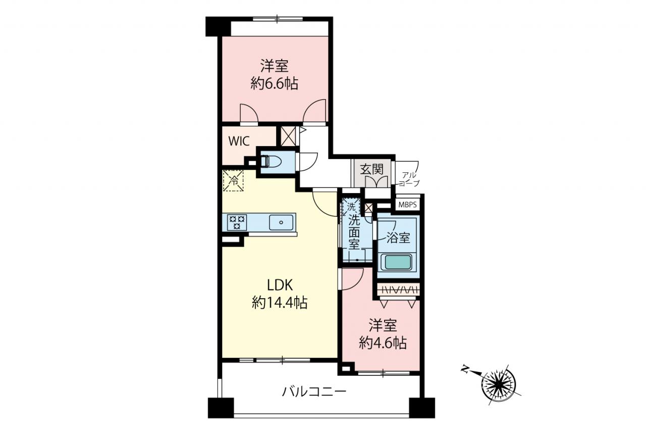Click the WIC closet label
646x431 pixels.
click(239, 141)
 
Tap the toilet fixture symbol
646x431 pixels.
click(270, 163)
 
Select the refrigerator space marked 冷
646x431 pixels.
click(233, 181)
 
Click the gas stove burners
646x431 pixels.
click(237, 222)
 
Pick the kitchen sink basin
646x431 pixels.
click(281, 222)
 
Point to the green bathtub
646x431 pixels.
click(397, 262)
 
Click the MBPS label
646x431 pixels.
click(407, 205)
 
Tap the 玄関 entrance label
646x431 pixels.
click(372, 169)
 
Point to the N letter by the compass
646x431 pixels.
click(465, 369)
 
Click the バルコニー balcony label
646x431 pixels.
click(314, 392)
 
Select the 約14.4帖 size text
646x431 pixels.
click(280, 303)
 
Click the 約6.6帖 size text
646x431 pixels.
click(274, 84)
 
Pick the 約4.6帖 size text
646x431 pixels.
click(383, 343)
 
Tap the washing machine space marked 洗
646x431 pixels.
click(351, 207)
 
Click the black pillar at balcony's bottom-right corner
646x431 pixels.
click(422, 408)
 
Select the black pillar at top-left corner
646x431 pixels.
click(218, 27)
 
